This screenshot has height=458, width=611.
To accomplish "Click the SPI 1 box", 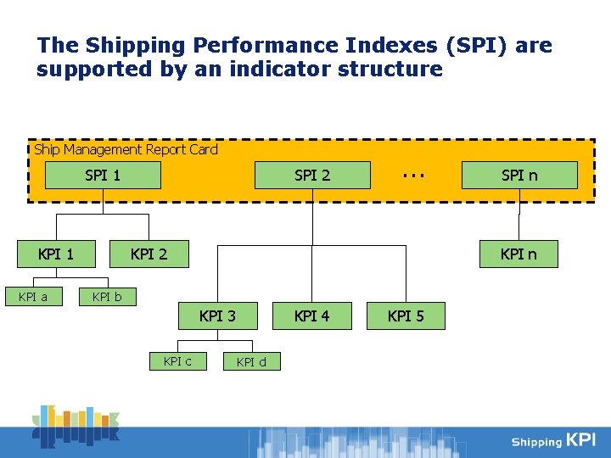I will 103,176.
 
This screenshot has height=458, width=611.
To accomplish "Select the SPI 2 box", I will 312,176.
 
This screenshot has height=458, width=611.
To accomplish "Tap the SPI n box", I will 519,176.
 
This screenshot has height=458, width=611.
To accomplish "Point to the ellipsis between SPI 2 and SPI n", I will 413,174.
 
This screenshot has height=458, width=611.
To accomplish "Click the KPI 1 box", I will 56,253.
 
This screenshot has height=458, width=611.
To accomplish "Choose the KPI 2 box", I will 149,253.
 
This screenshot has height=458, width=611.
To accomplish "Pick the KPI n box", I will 519,254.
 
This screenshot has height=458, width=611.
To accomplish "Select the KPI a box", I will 33,297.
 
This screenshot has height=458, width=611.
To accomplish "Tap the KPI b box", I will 107,297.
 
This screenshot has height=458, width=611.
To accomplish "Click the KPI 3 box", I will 217,316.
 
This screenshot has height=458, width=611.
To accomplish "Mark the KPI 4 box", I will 311,316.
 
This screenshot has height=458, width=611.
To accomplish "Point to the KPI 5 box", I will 406,316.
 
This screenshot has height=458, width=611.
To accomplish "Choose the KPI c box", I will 177,361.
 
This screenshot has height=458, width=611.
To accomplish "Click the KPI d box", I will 251,362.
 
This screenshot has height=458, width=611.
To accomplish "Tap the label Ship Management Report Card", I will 126,149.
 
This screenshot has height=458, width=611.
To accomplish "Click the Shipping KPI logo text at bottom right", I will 553,440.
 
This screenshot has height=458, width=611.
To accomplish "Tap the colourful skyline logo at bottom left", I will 76,426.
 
